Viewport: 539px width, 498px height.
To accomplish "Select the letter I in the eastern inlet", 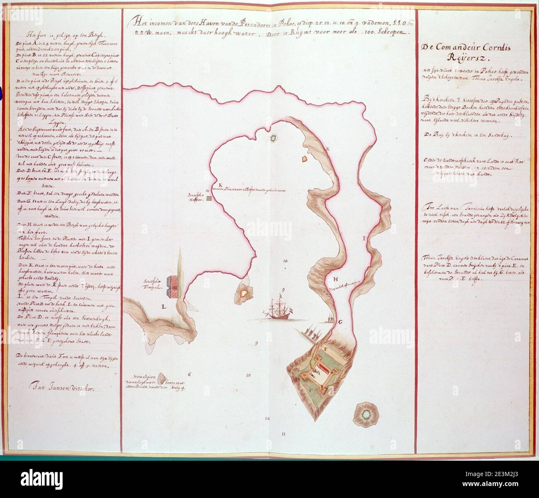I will [x=364, y=239].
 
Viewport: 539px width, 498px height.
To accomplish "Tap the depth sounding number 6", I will [x=189, y=375].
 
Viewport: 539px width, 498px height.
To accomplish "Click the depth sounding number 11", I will [x=284, y=434].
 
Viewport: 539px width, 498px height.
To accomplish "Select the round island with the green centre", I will [x=365, y=414].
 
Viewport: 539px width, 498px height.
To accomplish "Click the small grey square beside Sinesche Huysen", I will [x=209, y=199].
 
